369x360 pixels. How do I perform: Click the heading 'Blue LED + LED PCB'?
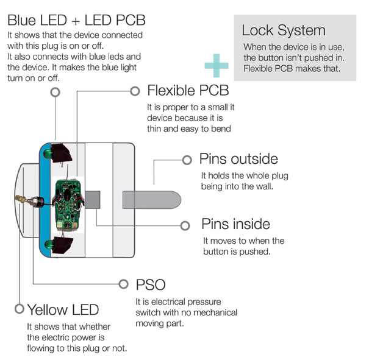point(76,20)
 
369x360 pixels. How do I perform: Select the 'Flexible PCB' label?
point(188,91)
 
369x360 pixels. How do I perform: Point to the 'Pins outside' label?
point(238,160)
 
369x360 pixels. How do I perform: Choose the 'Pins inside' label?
point(235,225)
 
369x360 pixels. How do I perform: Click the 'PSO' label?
point(150,284)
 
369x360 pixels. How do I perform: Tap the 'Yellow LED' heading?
point(63,309)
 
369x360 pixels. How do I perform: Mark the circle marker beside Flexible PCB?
point(135,91)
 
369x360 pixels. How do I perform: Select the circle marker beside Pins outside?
point(187,160)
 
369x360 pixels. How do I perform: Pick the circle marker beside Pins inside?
point(185,225)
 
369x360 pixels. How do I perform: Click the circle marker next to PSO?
point(124,284)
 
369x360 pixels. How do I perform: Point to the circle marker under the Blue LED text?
point(55,91)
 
